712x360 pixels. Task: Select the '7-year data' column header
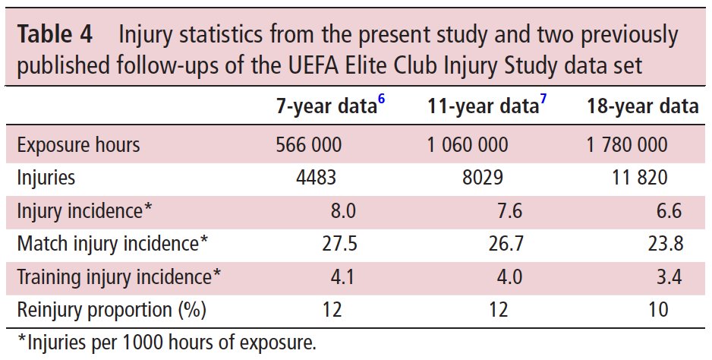coord(325,107)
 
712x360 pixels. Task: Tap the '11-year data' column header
coord(483,107)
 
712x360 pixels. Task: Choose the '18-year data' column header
coord(642,107)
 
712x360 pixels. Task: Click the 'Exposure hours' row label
coord(79,144)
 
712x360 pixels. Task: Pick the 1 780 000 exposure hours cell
coord(627,144)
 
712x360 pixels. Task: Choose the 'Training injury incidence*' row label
coord(118,277)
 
